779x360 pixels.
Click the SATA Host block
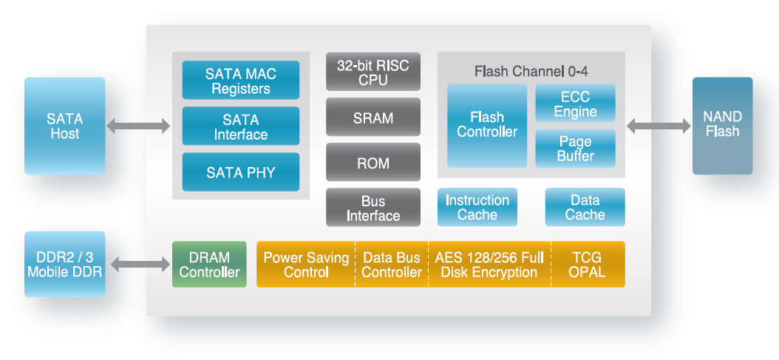(64, 126)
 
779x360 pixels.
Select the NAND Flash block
(722, 126)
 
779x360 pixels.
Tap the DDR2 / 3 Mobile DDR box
(64, 264)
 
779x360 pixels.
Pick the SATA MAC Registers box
(240, 81)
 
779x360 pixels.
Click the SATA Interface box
(240, 126)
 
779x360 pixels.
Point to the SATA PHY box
(240, 172)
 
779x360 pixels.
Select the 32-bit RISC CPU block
(373, 72)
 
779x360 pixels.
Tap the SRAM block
(373, 118)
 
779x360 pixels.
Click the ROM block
(373, 163)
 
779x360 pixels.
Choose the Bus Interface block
(373, 208)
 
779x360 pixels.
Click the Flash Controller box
(486, 125)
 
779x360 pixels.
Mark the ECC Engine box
(575, 103)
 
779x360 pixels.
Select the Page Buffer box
(575, 149)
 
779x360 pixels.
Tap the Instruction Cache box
(477, 207)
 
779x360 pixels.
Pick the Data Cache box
(585, 207)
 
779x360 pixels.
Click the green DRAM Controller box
(209, 264)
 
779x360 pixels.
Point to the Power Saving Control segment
(306, 264)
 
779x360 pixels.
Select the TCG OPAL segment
(588, 264)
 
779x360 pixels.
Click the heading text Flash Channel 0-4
(531, 72)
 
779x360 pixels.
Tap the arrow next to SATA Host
(138, 126)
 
